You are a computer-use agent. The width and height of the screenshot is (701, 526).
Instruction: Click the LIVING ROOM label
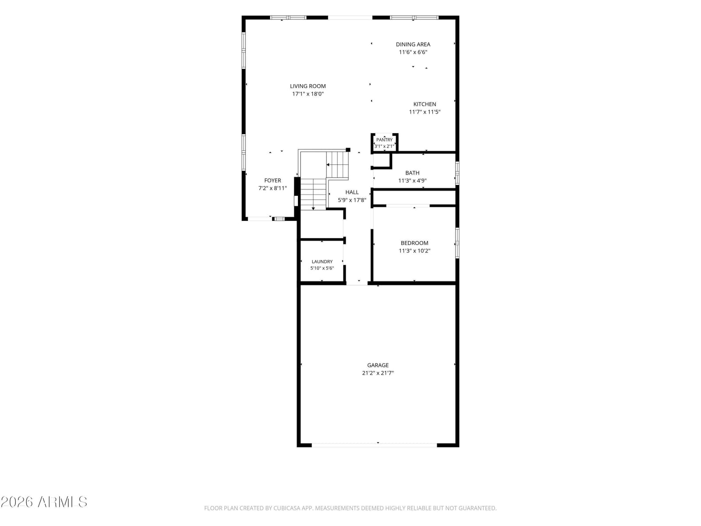(x=308, y=86)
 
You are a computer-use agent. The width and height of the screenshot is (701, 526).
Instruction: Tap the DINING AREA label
(x=413, y=44)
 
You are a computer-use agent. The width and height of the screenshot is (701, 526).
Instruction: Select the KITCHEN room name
(x=425, y=104)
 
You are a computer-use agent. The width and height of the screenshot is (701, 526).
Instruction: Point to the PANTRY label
(x=384, y=139)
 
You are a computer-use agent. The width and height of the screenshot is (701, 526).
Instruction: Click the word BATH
(x=412, y=173)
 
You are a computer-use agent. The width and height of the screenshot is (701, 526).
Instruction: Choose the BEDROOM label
(x=414, y=243)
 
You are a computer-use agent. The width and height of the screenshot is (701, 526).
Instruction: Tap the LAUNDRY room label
(x=322, y=262)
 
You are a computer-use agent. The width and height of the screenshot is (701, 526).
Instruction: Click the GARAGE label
(x=378, y=365)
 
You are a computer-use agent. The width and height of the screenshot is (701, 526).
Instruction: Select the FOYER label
(x=273, y=181)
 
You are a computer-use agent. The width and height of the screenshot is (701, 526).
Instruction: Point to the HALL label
(x=352, y=192)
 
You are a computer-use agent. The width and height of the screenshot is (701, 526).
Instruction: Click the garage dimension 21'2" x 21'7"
(x=378, y=373)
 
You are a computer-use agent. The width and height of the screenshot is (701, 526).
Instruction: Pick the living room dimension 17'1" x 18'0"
(x=308, y=94)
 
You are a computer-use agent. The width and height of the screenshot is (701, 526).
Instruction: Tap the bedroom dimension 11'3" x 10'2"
(x=414, y=251)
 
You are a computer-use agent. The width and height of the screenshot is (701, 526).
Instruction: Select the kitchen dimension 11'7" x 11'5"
(x=425, y=112)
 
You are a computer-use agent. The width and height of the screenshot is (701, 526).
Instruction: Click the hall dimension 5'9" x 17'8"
(x=352, y=200)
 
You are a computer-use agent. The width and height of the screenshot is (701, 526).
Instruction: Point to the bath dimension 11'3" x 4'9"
(x=412, y=181)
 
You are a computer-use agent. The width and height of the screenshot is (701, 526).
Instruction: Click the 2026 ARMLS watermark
(x=44, y=502)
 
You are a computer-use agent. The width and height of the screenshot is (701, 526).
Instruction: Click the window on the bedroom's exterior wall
(x=457, y=243)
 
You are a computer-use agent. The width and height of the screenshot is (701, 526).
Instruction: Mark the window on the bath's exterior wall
(x=457, y=173)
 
